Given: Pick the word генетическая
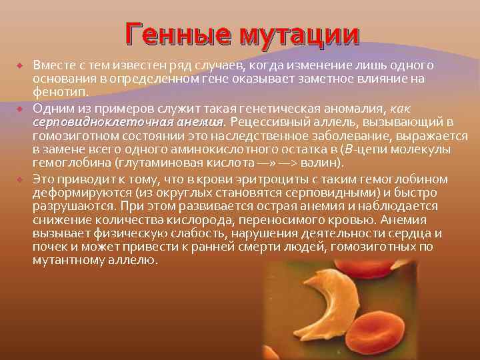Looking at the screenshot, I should coord(249,108).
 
